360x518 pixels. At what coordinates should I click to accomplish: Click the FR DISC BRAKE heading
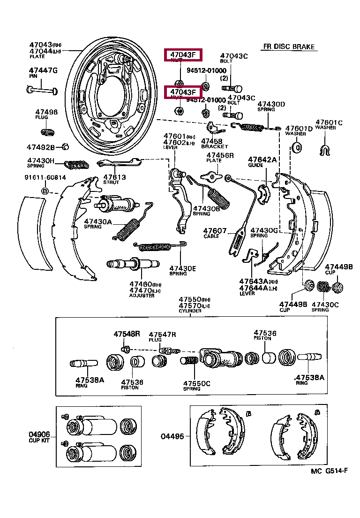[x=288, y=47]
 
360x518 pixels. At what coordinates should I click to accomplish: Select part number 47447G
[x=43, y=70]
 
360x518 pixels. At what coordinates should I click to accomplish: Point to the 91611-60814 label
[x=45, y=177]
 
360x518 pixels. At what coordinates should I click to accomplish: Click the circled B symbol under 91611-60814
[x=45, y=191]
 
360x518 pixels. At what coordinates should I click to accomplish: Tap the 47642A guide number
[x=262, y=160]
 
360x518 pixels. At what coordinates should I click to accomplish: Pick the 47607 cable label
[x=215, y=230]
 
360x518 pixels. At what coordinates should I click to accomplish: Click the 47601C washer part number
[x=329, y=123]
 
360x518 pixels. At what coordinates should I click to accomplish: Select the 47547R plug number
[x=162, y=334]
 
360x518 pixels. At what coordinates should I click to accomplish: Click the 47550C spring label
[x=196, y=383]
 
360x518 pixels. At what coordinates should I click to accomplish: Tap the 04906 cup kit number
[x=38, y=435]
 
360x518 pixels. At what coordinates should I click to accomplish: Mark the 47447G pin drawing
[x=42, y=90]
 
